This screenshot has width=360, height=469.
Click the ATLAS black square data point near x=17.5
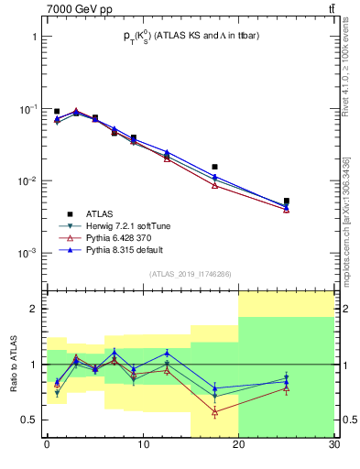(x=214, y=167)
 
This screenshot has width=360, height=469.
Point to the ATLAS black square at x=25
(x=287, y=201)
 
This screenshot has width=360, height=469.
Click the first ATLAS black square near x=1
(x=57, y=111)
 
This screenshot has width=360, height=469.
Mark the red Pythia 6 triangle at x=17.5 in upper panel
(x=214, y=185)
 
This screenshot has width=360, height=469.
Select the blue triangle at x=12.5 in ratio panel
(x=167, y=353)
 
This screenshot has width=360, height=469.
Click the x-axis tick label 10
(x=142, y=446)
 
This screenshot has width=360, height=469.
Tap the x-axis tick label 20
(x=238, y=446)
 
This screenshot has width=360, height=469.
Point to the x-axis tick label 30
(x=333, y=446)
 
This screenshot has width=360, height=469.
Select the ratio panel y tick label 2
(x=35, y=309)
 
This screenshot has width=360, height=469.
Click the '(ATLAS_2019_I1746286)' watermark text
(x=191, y=273)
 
